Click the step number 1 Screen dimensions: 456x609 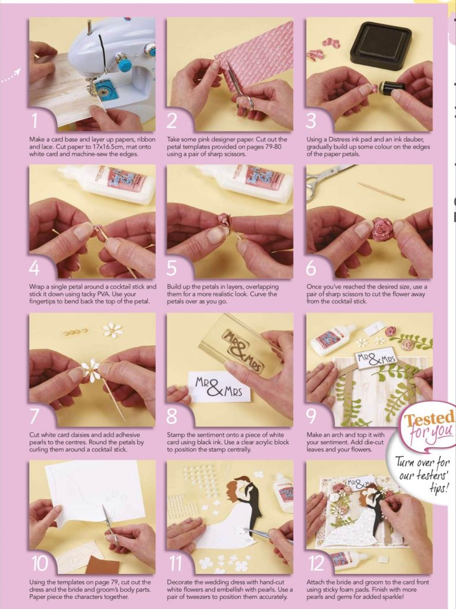coord(34,120)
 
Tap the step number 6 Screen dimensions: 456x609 coord(311,268)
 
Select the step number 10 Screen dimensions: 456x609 coord(39,564)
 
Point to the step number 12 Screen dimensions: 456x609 coord(316,564)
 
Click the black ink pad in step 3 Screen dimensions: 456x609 coord(380,45)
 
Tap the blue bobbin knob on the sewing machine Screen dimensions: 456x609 coord(125,64)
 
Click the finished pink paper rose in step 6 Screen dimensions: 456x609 coord(383,229)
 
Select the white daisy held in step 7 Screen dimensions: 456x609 coord(91,371)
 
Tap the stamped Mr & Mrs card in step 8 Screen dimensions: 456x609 coord(219,387)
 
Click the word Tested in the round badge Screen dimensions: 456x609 coord(429,419)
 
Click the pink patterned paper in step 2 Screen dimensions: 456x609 coord(254,51)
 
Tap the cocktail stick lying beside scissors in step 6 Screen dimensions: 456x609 coord(381,191)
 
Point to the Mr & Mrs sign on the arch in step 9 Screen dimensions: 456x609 coord(375,359)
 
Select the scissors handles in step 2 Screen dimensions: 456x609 coord(246,102)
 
